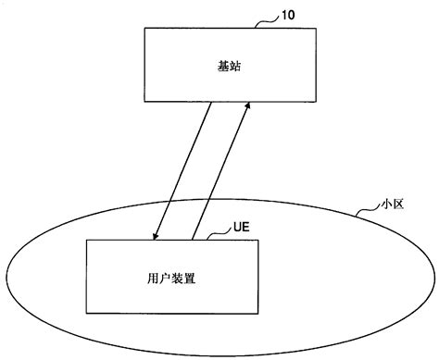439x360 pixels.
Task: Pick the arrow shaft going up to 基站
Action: coord(220,171)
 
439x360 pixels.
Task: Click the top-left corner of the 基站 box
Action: coord(144,29)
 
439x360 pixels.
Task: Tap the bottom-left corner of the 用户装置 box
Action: coord(86,313)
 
